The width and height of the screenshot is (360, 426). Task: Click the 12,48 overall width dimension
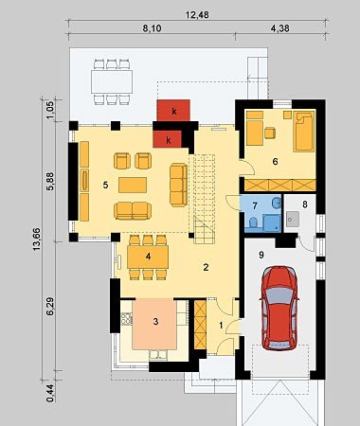(x=197, y=15)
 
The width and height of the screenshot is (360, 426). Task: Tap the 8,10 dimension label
(x=152, y=28)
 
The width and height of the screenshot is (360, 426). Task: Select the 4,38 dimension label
(x=279, y=28)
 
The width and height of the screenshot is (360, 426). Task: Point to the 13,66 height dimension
(x=37, y=239)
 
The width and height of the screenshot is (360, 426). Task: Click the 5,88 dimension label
(x=50, y=182)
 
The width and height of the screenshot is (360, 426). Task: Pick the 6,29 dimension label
(x=50, y=306)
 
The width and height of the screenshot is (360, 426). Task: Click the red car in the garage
(x=279, y=309)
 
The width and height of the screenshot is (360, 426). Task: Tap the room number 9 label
(x=261, y=255)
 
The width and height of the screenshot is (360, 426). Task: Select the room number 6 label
(x=275, y=162)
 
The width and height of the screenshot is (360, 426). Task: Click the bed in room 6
(x=304, y=131)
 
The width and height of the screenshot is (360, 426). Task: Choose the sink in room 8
(x=293, y=219)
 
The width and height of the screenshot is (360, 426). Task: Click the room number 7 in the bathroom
(x=255, y=205)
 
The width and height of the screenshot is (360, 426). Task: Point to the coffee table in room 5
(x=133, y=185)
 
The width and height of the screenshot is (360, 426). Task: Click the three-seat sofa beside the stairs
(x=178, y=185)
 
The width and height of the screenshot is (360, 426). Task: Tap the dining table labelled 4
(x=148, y=257)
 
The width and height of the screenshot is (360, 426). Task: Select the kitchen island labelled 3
(x=154, y=324)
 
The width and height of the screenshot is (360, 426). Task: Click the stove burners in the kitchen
(x=127, y=319)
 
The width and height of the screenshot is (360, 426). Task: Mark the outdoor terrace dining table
(x=112, y=81)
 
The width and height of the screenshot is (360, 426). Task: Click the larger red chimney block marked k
(x=173, y=111)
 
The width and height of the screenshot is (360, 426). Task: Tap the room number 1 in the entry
(x=221, y=326)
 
